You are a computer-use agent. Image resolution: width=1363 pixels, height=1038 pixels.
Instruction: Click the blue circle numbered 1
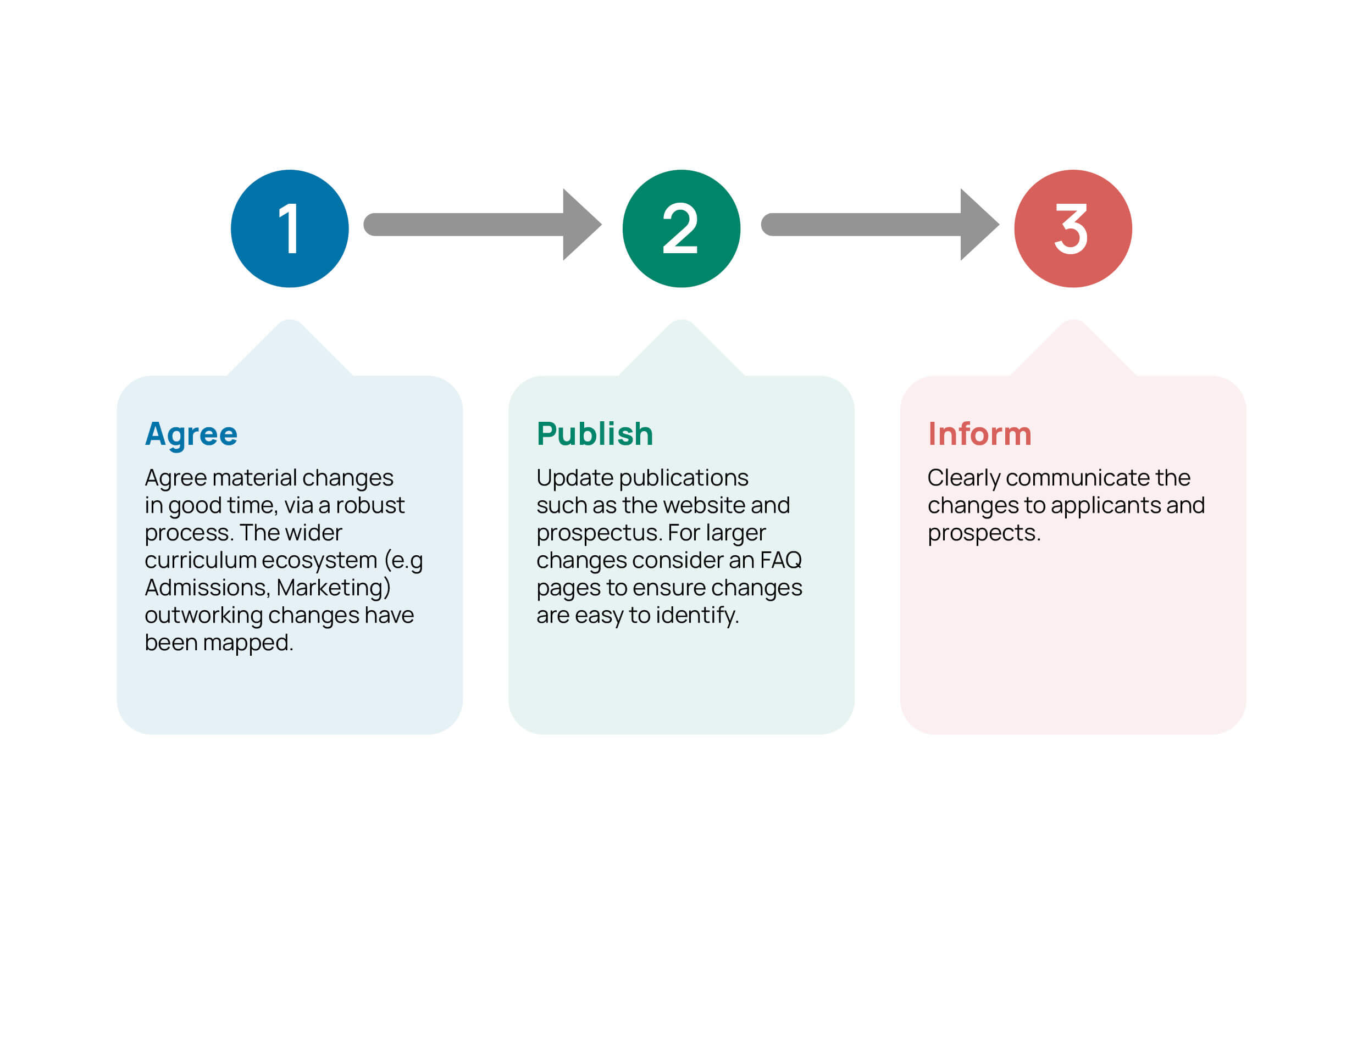[289, 228]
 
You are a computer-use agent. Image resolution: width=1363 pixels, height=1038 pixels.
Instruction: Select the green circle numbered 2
[681, 228]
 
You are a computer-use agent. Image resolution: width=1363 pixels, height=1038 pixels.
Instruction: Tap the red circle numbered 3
[1073, 228]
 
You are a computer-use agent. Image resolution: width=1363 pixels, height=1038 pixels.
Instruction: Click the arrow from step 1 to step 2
[483, 224]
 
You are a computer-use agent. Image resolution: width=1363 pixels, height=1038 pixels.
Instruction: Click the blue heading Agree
[191, 434]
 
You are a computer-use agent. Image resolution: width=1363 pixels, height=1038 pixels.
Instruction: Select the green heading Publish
[595, 434]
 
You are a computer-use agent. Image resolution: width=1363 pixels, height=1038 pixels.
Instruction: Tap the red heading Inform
[980, 434]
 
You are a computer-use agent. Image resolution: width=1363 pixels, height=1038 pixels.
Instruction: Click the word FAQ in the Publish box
[781, 560]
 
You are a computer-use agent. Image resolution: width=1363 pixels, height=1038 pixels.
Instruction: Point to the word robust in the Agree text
[370, 505]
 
